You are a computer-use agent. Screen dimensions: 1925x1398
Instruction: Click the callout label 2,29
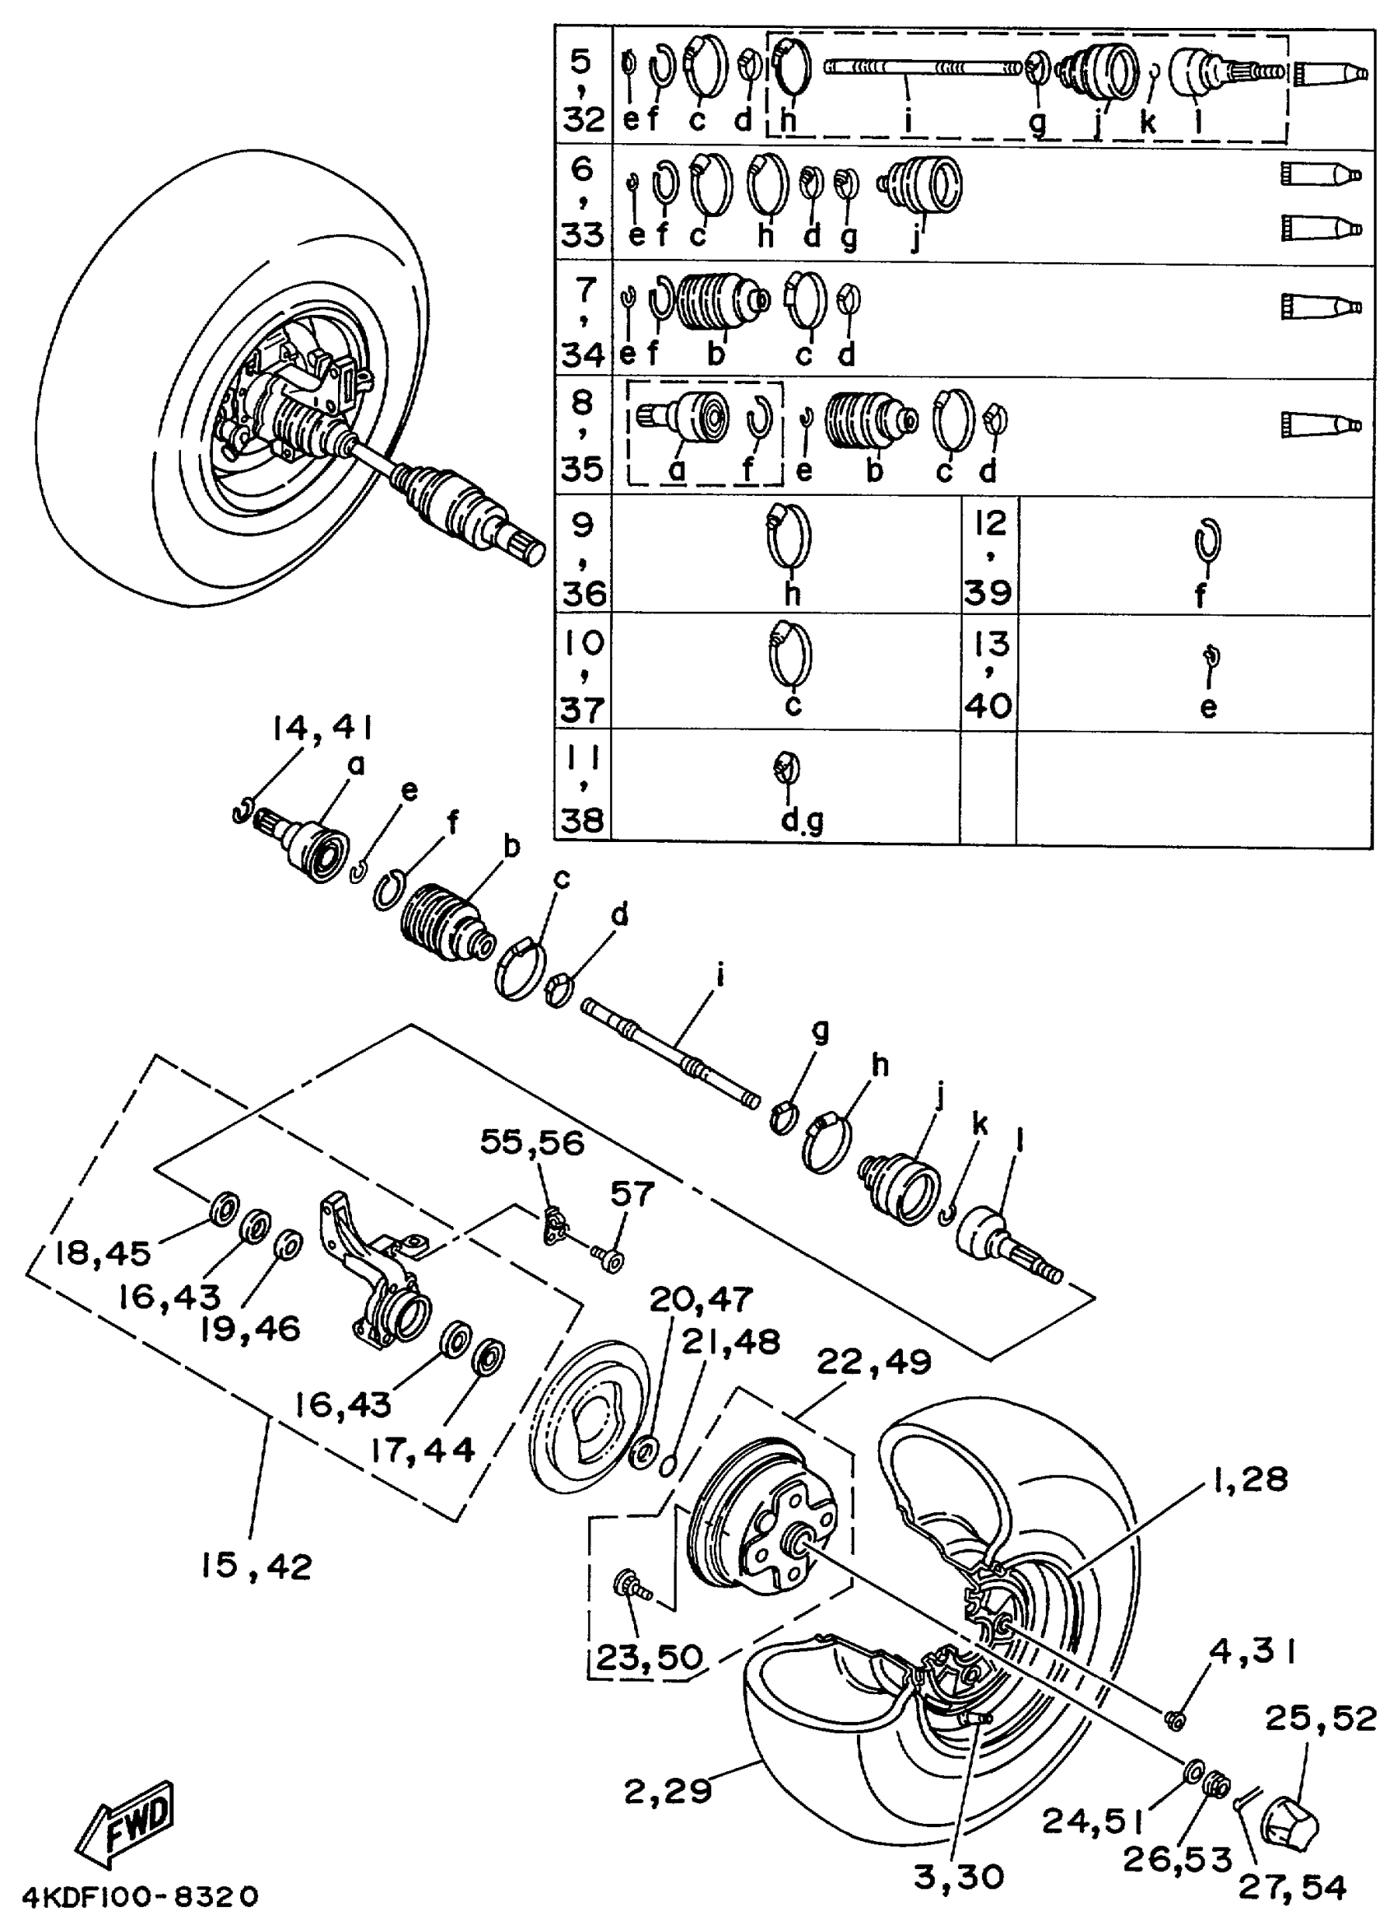point(667,1791)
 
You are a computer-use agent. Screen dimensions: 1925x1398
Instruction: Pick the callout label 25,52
point(1321,1719)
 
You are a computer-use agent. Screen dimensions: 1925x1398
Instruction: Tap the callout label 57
point(632,1194)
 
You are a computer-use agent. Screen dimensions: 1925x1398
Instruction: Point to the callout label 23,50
point(649,1656)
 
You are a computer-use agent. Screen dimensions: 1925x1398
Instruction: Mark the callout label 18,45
point(103,1253)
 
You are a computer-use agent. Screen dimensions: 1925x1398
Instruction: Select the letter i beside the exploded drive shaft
point(720,976)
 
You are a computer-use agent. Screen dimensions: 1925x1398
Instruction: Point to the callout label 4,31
point(1252,1652)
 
